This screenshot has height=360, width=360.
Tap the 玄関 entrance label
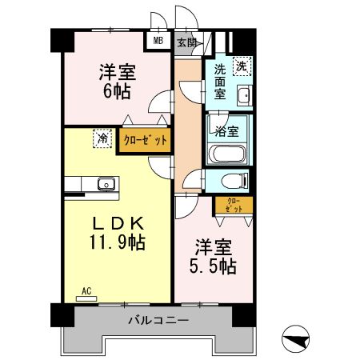click(x=186, y=42)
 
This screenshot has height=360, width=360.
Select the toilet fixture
click(x=232, y=179)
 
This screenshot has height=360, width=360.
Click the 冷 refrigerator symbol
click(x=102, y=138)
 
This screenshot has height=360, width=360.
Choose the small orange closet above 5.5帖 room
click(x=233, y=205)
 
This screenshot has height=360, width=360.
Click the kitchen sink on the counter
click(x=106, y=185)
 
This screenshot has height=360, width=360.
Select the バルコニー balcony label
click(x=158, y=321)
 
